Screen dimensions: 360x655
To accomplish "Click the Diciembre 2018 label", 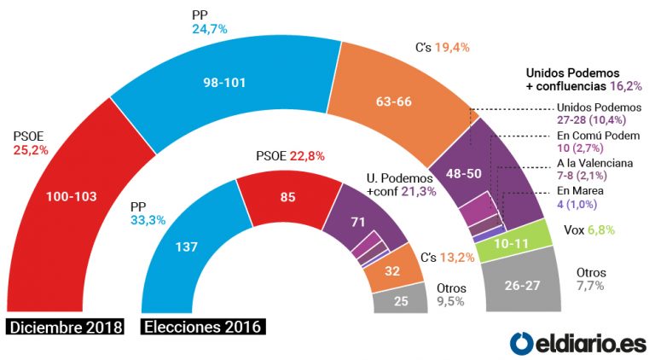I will tap(65, 328).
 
